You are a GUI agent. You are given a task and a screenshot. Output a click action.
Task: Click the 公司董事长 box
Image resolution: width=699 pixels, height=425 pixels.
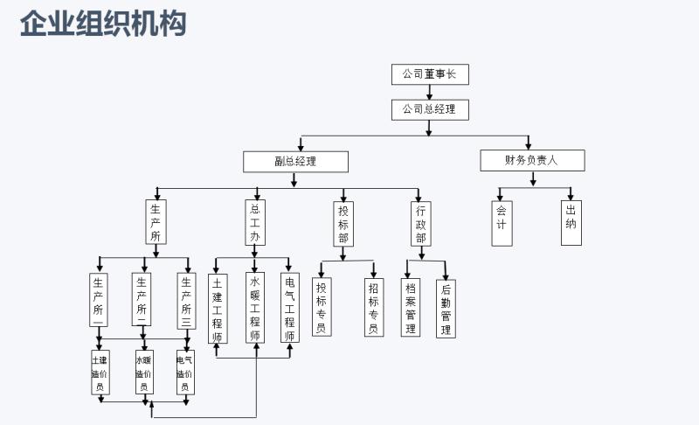430,74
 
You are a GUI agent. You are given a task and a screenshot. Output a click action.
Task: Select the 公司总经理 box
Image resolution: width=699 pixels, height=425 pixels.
430,109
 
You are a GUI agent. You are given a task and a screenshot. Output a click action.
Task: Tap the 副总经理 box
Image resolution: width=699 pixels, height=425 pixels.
295,161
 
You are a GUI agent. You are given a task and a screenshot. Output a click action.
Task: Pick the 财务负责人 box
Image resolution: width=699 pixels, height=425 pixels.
532,160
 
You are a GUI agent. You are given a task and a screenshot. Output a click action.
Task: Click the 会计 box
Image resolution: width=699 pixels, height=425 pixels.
502,223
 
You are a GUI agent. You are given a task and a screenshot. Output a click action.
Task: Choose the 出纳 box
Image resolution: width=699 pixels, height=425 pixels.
571,223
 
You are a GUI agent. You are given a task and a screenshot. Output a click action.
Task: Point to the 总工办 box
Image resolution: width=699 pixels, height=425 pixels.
255,222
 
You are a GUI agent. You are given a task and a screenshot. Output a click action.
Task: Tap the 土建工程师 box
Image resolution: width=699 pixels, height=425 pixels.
218,308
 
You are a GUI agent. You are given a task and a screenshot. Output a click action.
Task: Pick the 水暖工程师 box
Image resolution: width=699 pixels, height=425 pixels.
255,308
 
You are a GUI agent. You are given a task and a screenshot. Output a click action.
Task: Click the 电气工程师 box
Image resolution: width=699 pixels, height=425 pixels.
290,308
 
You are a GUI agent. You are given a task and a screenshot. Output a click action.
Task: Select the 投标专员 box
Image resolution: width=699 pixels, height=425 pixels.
322,308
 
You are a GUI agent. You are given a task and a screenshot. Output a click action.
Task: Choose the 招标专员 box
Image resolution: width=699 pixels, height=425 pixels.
374,308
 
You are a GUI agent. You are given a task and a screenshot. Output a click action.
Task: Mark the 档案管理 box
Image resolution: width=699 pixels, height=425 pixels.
410,308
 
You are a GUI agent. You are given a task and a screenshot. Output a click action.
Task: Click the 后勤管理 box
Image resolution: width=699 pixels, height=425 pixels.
446,309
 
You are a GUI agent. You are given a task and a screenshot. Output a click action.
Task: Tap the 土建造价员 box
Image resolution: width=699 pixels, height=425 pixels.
100,373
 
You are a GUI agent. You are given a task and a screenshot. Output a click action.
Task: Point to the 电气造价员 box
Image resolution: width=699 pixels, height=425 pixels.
185,373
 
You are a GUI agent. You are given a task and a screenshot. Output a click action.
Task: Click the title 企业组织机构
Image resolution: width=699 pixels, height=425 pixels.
103,24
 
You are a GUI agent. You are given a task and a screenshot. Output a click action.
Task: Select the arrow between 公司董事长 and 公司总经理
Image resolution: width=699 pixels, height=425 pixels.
429,92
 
